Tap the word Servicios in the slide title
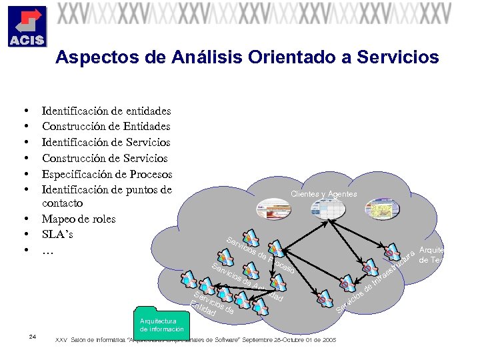click(x=398, y=58)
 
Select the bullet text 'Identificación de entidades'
click(x=106, y=111)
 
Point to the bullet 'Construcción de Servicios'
click(x=105, y=159)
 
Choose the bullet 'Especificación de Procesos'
click(x=107, y=175)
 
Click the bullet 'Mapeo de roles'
click(x=79, y=219)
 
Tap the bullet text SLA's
click(x=57, y=235)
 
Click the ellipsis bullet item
click(x=48, y=251)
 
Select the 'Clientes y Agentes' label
click(x=323, y=194)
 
